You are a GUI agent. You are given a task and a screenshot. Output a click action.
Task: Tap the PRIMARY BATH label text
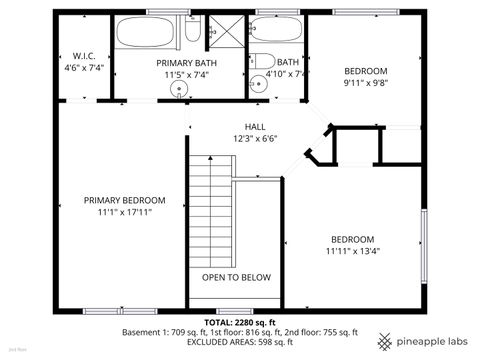pyautogui.click(x=181, y=62)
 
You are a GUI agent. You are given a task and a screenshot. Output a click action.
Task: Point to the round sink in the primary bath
pyautogui.click(x=180, y=89)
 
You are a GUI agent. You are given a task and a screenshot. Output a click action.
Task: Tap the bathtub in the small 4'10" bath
pyautogui.click(x=275, y=32)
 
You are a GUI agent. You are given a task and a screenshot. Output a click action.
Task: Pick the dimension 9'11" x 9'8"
pyautogui.click(x=365, y=84)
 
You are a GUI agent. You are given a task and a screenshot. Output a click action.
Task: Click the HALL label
pyautogui.click(x=256, y=127)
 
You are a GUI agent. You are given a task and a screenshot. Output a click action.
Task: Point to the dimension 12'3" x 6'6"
pyautogui.click(x=256, y=139)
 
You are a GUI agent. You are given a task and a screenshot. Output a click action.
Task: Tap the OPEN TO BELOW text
pyautogui.click(x=236, y=277)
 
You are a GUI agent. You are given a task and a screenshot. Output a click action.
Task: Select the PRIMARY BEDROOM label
pyautogui.click(x=124, y=200)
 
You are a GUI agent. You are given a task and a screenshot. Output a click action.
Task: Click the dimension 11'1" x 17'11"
pyautogui.click(x=124, y=212)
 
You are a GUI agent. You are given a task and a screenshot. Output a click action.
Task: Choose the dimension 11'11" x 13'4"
pyautogui.click(x=353, y=251)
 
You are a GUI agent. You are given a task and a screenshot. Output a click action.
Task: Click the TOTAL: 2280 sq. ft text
pyautogui.click(x=240, y=322)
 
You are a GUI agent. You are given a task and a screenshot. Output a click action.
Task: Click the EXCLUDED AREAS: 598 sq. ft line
pyautogui.click(x=240, y=344)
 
